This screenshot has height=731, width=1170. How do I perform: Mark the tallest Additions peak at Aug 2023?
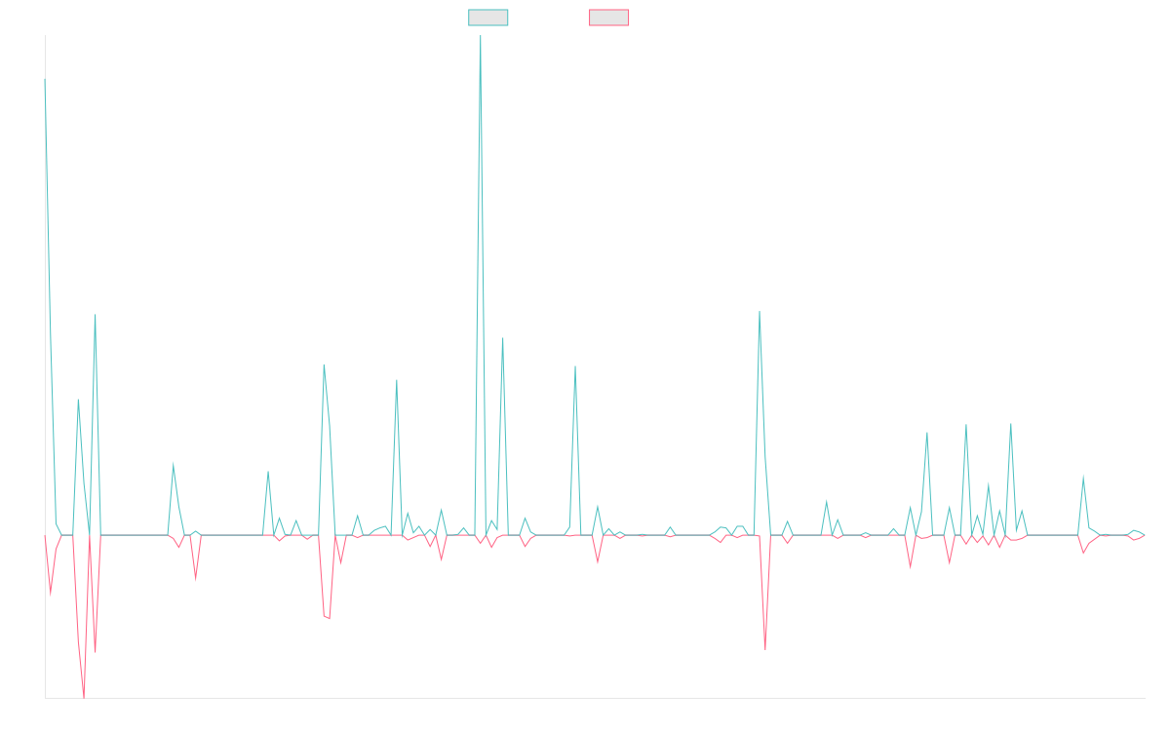480,37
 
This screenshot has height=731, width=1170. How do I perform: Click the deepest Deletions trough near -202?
84,697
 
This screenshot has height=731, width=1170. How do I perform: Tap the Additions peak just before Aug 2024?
760,312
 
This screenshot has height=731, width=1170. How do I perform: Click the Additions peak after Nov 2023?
575,366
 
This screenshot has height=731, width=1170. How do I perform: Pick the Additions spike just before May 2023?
397,380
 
